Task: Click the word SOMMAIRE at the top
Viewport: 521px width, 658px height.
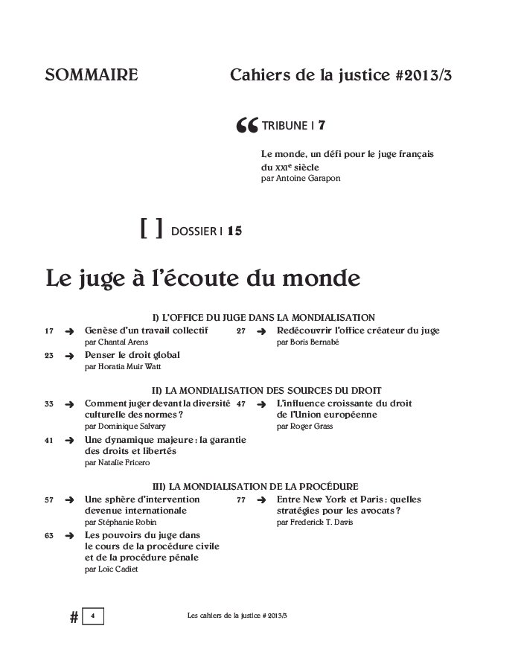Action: point(92,75)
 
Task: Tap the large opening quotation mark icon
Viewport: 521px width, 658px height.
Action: point(246,126)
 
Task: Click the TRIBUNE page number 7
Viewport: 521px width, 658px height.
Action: point(322,126)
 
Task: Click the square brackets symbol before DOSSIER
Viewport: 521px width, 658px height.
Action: point(151,229)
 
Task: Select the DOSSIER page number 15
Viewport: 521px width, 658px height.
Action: point(234,231)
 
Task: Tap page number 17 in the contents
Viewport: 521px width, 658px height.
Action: point(49,331)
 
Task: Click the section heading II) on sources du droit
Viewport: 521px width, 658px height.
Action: point(266,390)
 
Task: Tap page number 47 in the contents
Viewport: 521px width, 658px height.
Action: point(241,404)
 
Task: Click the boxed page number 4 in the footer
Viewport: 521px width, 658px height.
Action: point(92,616)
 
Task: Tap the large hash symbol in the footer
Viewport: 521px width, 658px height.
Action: point(74,617)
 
